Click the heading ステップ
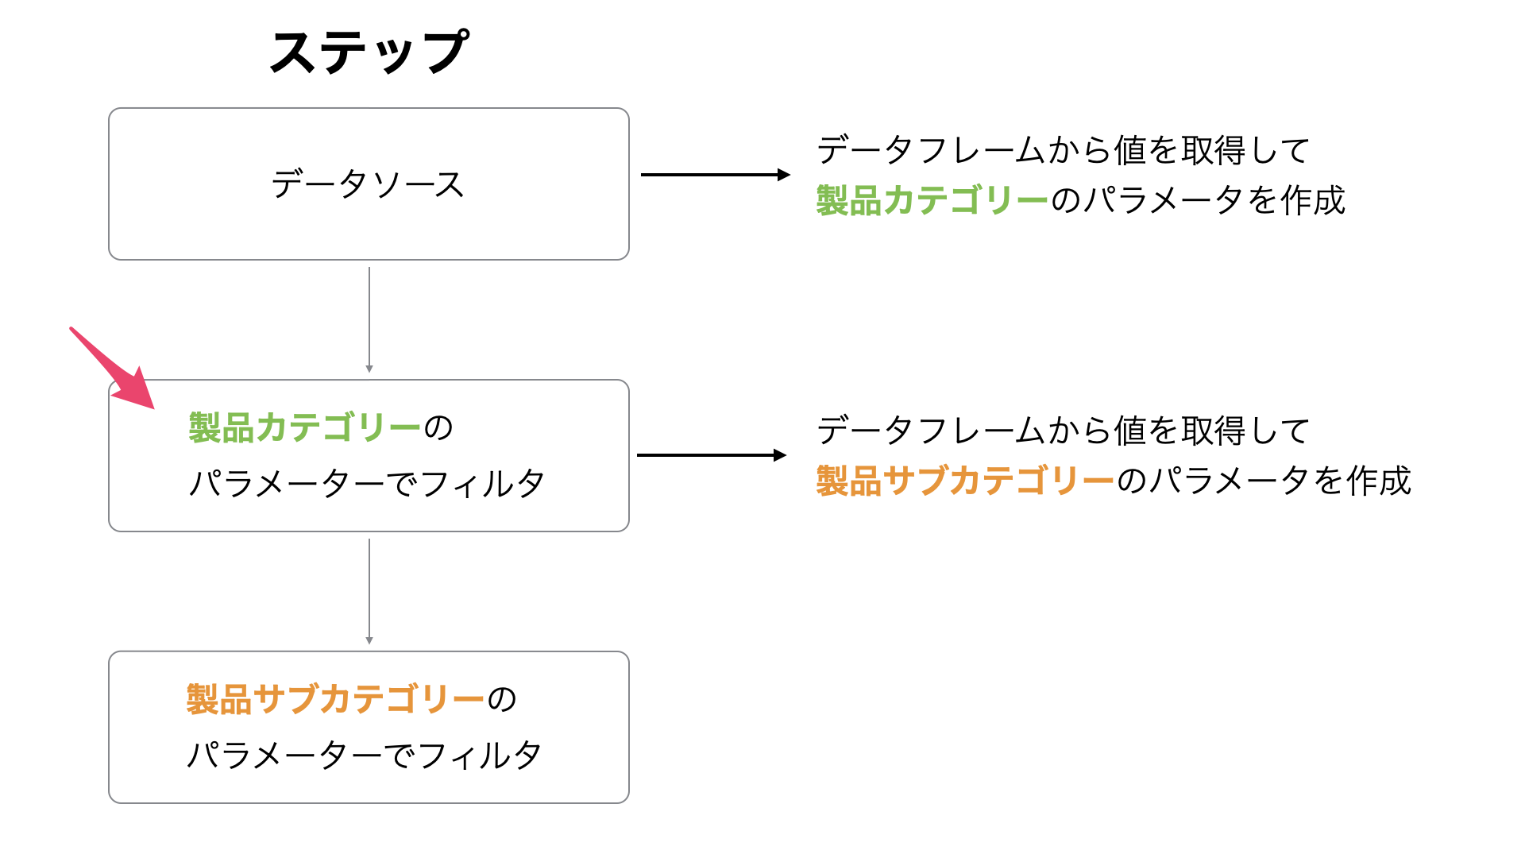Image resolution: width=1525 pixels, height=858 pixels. click(369, 52)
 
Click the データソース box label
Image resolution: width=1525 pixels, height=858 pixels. click(368, 184)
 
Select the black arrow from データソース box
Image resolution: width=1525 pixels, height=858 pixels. click(716, 175)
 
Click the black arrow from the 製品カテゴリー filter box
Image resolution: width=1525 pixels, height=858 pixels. click(712, 455)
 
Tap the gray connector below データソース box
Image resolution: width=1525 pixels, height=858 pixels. click(369, 320)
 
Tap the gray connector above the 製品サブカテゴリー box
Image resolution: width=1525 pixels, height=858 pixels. click(369, 592)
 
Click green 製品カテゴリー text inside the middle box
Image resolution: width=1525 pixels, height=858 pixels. click(305, 428)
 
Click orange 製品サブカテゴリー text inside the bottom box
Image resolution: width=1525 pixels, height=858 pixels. click(335, 700)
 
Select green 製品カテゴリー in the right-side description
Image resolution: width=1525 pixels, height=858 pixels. click(932, 200)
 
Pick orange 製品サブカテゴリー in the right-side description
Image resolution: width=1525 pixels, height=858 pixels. click(966, 481)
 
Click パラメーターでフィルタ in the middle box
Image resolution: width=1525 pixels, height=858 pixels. click(367, 483)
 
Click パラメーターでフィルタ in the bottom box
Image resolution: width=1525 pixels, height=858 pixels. click(365, 755)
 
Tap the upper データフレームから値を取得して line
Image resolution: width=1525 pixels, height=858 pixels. click(1064, 150)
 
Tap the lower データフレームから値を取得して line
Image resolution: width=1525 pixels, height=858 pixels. click(1064, 431)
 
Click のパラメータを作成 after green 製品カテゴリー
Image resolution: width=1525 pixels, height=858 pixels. click(1199, 200)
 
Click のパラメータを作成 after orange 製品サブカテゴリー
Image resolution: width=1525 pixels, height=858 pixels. click(1264, 481)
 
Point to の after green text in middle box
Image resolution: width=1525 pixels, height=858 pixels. click(438, 428)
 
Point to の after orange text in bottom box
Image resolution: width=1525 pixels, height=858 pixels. click(502, 700)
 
